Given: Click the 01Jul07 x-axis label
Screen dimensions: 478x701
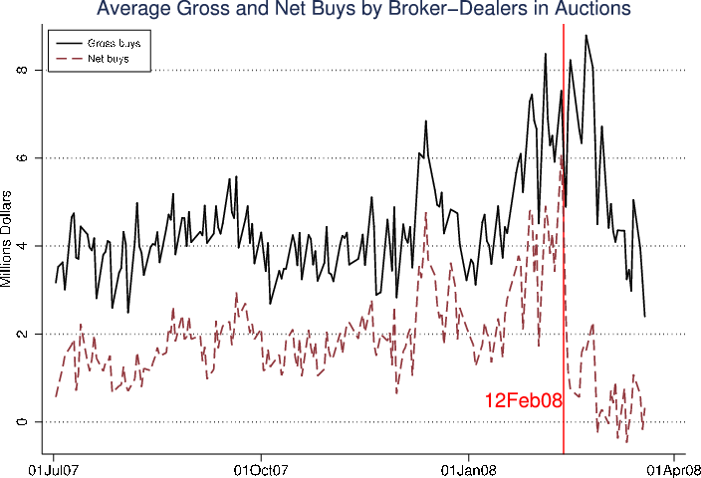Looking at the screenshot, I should [55, 467].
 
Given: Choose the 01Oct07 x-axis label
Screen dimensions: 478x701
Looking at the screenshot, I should [261, 467].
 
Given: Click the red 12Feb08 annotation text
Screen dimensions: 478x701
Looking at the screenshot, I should [524, 401].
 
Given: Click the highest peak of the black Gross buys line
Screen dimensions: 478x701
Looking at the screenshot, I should [585, 35].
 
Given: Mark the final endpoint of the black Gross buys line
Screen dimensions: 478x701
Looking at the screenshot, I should [645, 317].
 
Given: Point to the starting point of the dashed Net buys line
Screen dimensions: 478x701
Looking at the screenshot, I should [56, 396].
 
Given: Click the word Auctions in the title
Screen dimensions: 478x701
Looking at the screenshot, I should [593, 11].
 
